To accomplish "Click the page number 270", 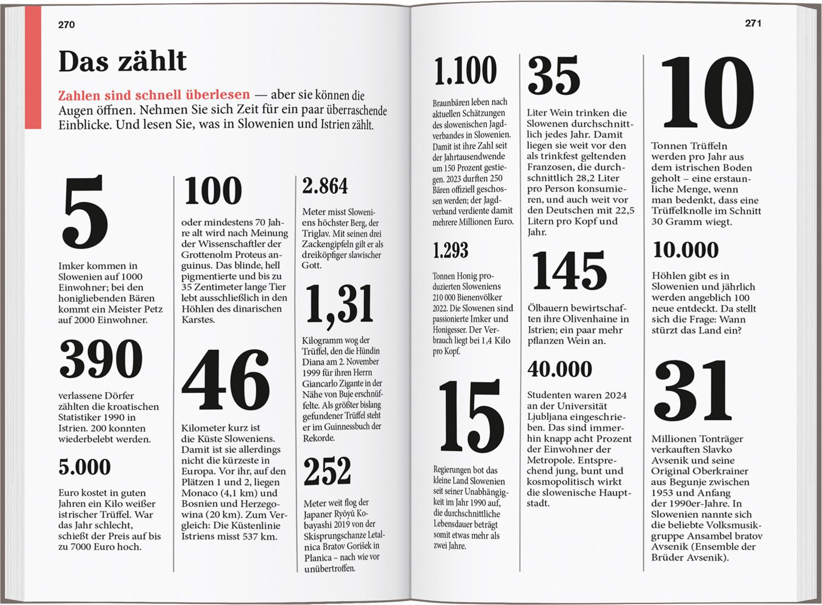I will click(x=66, y=25).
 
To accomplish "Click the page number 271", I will click(x=753, y=23).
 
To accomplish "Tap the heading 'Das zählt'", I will click(x=122, y=61).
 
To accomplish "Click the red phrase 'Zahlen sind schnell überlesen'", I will click(x=154, y=95).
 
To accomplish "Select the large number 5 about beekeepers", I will click(x=85, y=212).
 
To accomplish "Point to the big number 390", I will click(x=101, y=359).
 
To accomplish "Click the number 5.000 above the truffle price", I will click(x=84, y=467).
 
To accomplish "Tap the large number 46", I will click(x=226, y=381).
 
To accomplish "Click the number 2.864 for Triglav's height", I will click(x=325, y=186).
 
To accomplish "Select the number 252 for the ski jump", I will click(x=327, y=471).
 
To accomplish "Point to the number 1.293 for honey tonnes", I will click(x=450, y=250).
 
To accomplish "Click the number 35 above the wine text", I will click(x=554, y=76).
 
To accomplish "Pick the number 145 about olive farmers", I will click(x=569, y=270).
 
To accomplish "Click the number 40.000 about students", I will click(x=560, y=369).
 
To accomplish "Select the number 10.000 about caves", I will click(x=686, y=250).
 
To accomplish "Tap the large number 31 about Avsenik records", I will click(x=693, y=390).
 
